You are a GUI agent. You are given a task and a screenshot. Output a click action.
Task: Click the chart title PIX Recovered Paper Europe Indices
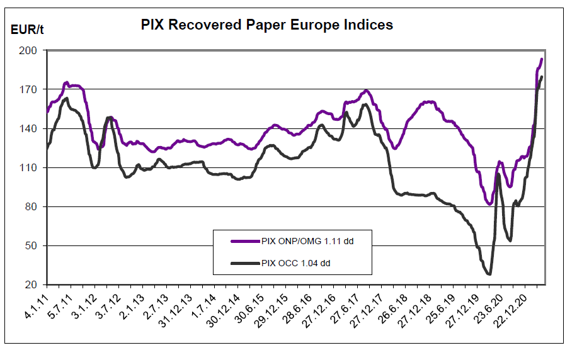(x=266, y=25)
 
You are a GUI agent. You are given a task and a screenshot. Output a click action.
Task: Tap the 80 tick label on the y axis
(x=31, y=206)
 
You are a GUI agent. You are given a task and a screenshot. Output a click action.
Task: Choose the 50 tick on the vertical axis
(x=31, y=245)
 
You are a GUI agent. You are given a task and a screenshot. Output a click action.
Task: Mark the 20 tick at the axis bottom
(x=31, y=284)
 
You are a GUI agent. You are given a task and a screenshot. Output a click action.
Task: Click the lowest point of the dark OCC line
(x=488, y=274)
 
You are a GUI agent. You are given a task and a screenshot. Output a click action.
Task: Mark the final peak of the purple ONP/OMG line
(x=542, y=59)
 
